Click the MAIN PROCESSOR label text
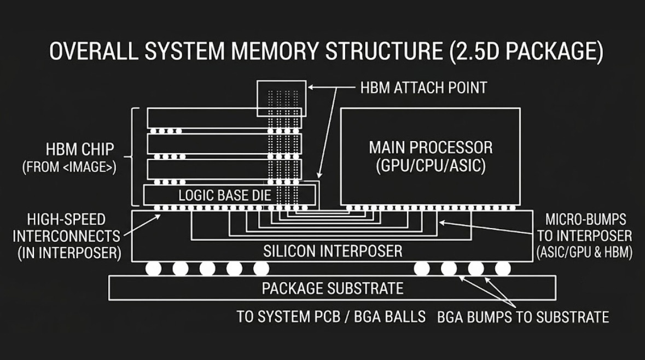click(x=431, y=147)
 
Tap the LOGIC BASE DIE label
click(x=225, y=195)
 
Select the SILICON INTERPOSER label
click(x=333, y=251)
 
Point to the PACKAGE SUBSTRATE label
click(x=333, y=288)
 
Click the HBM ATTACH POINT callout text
click(x=423, y=88)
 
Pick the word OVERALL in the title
click(x=93, y=50)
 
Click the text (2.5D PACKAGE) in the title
click(x=527, y=51)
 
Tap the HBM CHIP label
click(x=80, y=149)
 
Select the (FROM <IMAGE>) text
click(x=69, y=167)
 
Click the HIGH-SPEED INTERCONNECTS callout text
click(x=67, y=228)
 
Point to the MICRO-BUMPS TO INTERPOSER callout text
click(x=584, y=228)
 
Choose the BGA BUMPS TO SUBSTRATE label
click(x=523, y=317)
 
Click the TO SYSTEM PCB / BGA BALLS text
click(x=331, y=317)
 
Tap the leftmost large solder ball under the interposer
click(x=153, y=268)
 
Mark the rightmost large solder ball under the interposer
click(x=503, y=268)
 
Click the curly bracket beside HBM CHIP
click(x=132, y=157)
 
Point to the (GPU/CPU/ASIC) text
click(x=431, y=166)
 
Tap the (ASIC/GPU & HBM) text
click(x=584, y=252)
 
